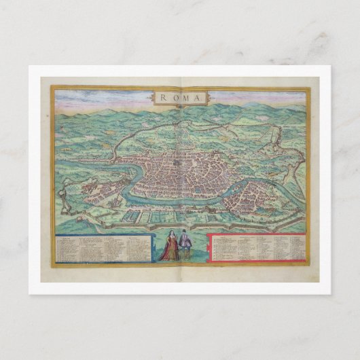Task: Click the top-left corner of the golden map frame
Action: click(x=51, y=86)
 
